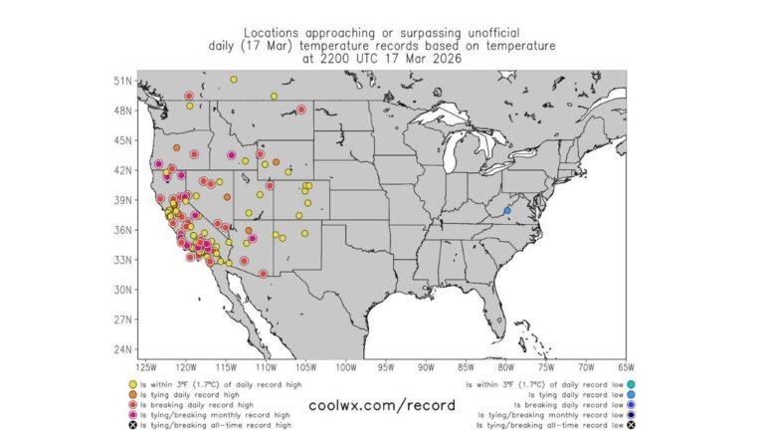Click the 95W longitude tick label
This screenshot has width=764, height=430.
[382, 367]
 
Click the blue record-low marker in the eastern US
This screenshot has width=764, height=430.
[507, 210]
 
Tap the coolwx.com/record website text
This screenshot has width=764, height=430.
[382, 405]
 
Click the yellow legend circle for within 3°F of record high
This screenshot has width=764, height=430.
[133, 383]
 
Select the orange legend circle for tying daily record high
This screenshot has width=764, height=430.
[133, 391]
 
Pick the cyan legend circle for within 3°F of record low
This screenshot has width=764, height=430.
[632, 383]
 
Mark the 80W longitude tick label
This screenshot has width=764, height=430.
[504, 367]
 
